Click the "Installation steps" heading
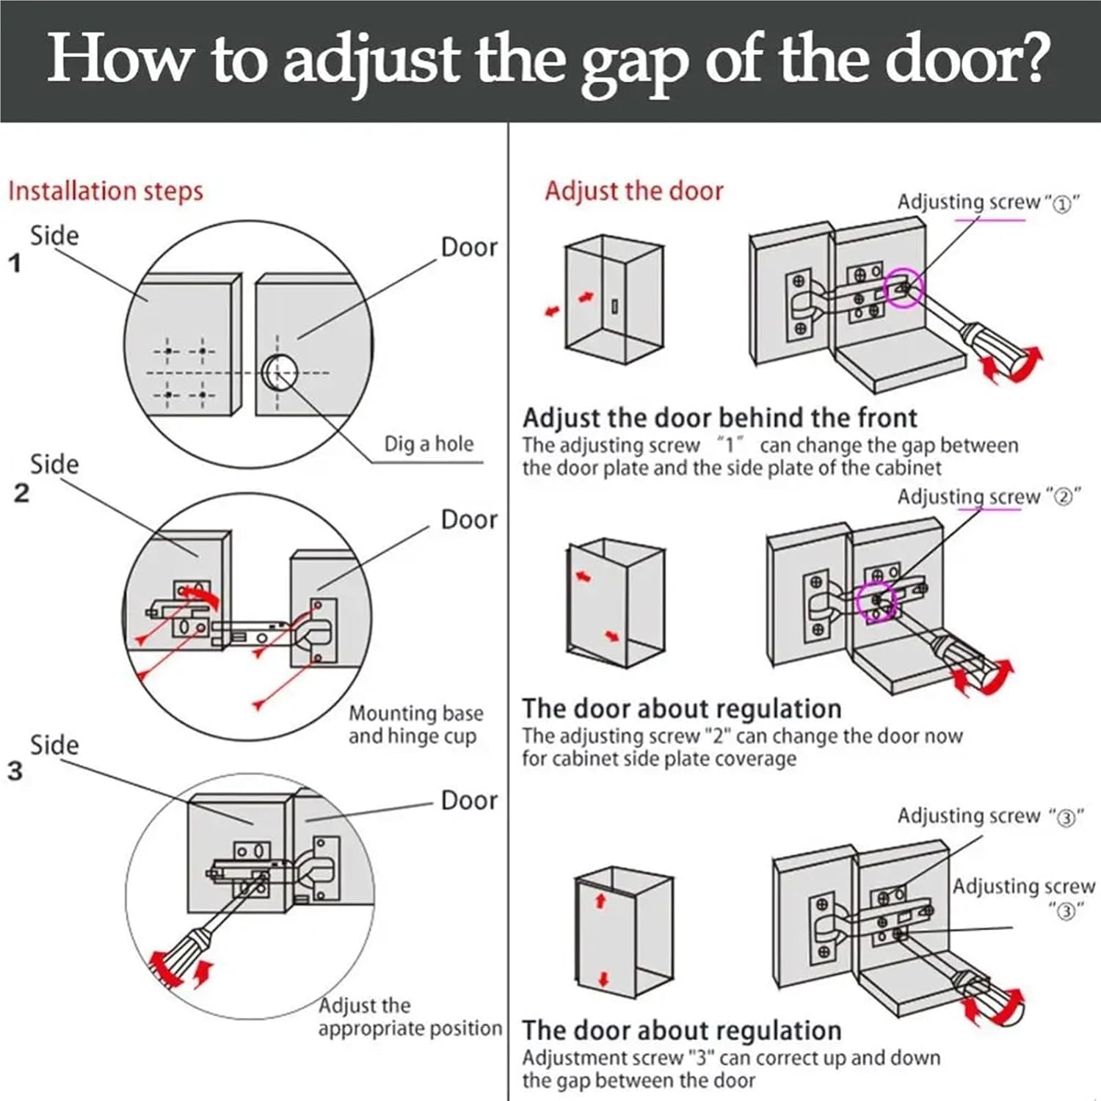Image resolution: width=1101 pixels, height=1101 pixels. point(105,191)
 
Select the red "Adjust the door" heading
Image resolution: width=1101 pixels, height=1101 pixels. point(633,191)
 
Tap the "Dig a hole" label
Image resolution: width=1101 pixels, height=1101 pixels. point(429,444)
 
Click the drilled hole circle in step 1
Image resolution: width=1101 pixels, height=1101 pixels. point(280,372)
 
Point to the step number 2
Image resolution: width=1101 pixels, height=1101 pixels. point(21,493)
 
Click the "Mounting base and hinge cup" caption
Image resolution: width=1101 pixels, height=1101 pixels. point(415,724)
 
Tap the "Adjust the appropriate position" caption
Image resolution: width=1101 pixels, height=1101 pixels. point(410,1017)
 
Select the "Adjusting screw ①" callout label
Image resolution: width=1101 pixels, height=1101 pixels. point(987,203)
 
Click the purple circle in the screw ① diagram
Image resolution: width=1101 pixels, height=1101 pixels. point(902,288)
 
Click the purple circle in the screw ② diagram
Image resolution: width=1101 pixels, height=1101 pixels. point(876,602)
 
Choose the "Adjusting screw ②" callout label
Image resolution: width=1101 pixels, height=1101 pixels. point(987,498)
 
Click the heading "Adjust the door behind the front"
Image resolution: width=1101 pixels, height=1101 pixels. point(719,418)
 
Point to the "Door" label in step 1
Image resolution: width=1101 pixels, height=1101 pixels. point(469,247)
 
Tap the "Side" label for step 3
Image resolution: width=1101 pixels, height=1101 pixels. point(54,745)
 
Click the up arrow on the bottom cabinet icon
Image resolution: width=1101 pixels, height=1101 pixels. point(600,901)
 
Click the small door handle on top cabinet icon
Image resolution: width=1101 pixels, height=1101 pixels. point(615,305)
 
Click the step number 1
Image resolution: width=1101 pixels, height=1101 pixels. point(15,263)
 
